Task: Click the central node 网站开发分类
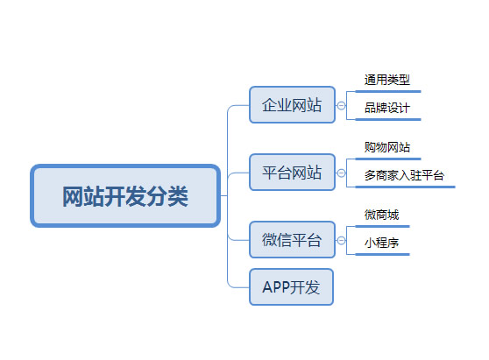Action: (x=125, y=195)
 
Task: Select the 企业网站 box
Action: (x=292, y=106)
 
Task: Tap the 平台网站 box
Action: (x=292, y=173)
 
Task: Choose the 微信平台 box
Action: (x=292, y=239)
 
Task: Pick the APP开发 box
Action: (x=292, y=286)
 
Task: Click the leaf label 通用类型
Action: (x=386, y=81)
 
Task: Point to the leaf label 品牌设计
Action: (x=386, y=109)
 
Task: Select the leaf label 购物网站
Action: (x=386, y=147)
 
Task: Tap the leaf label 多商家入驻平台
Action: (x=404, y=175)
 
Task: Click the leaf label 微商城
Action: (x=381, y=215)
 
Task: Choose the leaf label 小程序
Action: (x=381, y=243)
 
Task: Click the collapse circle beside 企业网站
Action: (x=341, y=106)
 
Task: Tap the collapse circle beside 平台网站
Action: (x=341, y=173)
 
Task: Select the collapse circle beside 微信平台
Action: (x=341, y=239)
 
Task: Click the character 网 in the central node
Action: (x=74, y=196)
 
